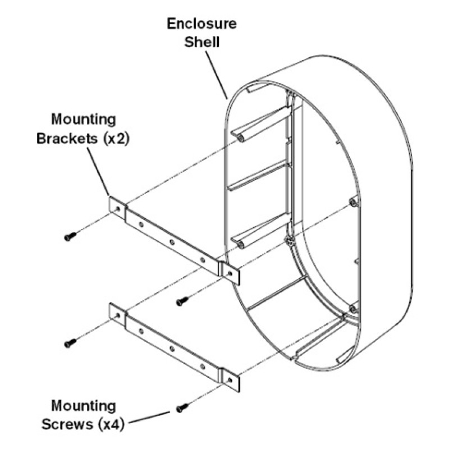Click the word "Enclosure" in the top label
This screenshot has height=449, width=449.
pyautogui.click(x=201, y=24)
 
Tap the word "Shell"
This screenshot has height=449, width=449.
pyautogui.click(x=201, y=43)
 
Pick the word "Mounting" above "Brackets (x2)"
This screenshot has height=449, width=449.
pyautogui.click(x=84, y=119)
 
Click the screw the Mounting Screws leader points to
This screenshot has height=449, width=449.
pyautogui.click(x=181, y=409)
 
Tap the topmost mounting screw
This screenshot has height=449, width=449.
pyautogui.click(x=68, y=237)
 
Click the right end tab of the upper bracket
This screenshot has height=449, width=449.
pyautogui.click(x=231, y=273)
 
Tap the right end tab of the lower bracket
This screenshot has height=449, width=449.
pyautogui.click(x=231, y=380)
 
